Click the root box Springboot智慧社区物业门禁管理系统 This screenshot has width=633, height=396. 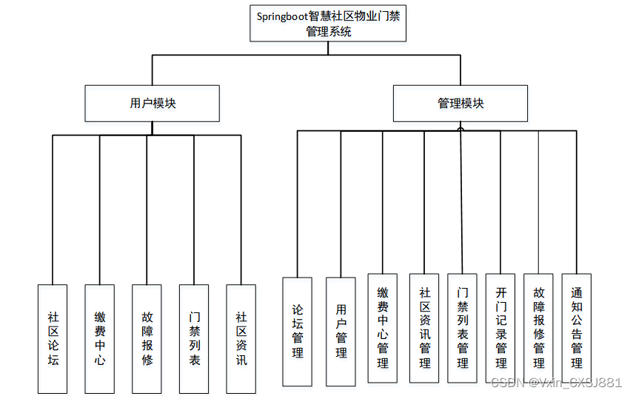click(x=328, y=24)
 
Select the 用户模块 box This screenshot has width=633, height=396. click(x=153, y=104)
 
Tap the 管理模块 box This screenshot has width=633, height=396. click(x=460, y=104)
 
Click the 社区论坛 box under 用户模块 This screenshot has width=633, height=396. click(x=53, y=338)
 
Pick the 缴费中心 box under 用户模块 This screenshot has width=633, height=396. click(x=99, y=338)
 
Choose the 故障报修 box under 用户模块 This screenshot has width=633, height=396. click(x=147, y=338)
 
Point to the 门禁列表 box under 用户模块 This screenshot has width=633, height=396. click(x=194, y=338)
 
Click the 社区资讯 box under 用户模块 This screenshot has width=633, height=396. click(x=241, y=338)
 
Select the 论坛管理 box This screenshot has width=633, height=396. click(x=297, y=331)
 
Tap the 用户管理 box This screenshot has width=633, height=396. click(x=341, y=331)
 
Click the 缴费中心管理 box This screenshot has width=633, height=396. click(x=383, y=328)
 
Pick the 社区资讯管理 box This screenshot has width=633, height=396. click(x=424, y=328)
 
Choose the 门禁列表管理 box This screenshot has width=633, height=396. click(x=462, y=328)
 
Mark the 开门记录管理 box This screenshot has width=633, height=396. click(x=500, y=328)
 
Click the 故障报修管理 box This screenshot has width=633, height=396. click(x=538, y=328)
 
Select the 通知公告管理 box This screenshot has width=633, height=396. click(x=576, y=328)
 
